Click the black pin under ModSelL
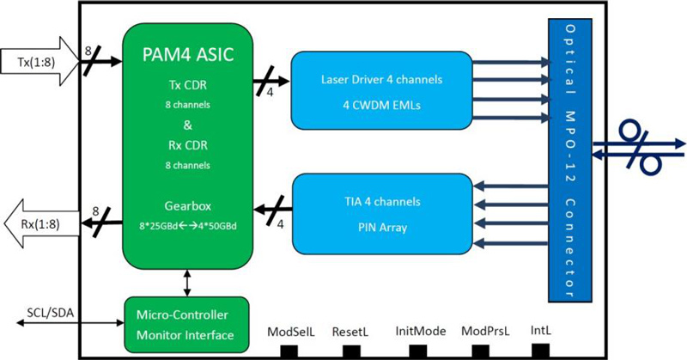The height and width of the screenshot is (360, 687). click(289, 351)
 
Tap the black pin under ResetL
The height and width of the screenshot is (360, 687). click(350, 351)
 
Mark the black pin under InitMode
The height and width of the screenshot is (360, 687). click(418, 351)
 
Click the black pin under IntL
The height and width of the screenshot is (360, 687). click(540, 350)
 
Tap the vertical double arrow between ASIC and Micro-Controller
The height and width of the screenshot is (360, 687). click(186, 281)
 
